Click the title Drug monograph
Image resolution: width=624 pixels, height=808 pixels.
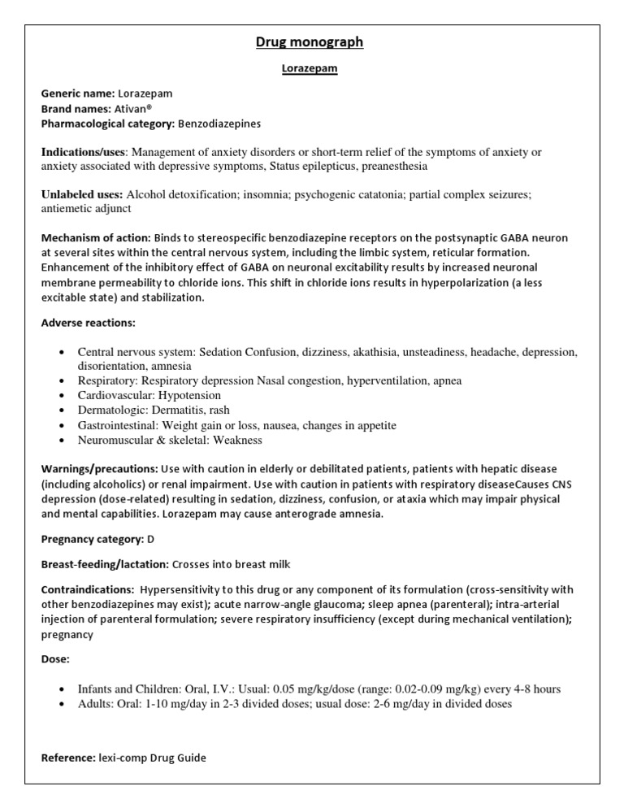(x=311, y=42)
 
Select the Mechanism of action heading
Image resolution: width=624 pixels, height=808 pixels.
(x=96, y=237)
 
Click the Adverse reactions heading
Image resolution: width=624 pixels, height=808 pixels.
(x=89, y=323)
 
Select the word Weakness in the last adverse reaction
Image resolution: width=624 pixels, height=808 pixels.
(x=236, y=440)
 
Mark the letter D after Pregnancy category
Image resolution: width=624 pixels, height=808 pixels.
(x=150, y=539)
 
